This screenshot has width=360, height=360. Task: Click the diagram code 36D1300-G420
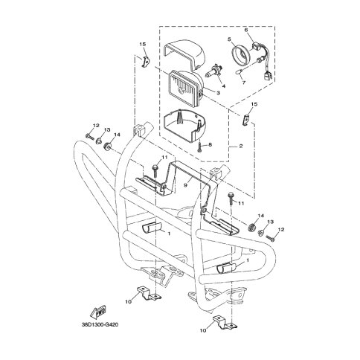(98, 324)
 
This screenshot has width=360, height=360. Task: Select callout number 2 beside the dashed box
(241, 146)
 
